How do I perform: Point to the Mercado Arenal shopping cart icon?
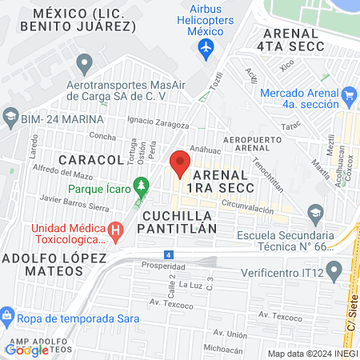pyautogui.click(x=348, y=97)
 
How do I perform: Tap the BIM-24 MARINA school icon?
pyautogui.click(x=10, y=119)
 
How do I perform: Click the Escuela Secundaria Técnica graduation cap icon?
pyautogui.click(x=315, y=213)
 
